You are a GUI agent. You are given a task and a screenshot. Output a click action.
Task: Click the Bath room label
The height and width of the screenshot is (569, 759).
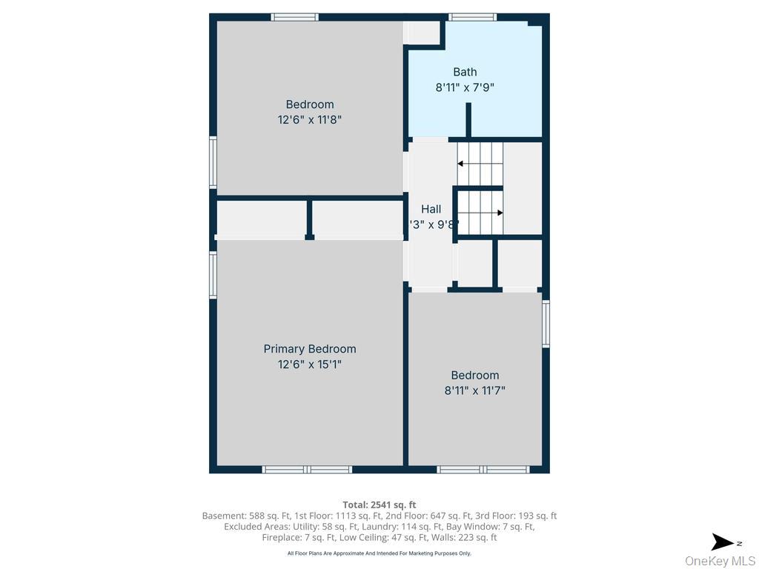click(x=465, y=72)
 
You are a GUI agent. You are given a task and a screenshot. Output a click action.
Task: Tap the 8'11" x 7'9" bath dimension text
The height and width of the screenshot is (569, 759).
click(x=465, y=87)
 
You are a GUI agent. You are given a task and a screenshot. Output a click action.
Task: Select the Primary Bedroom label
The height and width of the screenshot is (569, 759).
click(x=310, y=349)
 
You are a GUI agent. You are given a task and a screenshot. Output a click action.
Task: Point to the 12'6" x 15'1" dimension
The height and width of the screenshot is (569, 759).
click(x=310, y=365)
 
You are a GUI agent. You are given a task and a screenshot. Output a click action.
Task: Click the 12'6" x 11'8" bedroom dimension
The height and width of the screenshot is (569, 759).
click(x=310, y=119)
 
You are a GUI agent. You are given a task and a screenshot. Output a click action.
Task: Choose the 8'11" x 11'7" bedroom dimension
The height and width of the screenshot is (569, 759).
click(x=474, y=390)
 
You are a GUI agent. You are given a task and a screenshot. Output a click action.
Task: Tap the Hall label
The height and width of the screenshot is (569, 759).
click(x=431, y=210)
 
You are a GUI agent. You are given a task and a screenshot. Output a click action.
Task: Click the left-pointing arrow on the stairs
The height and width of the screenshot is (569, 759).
click(x=461, y=164)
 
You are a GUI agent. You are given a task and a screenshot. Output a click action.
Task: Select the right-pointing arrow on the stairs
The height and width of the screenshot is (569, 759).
click(x=500, y=213)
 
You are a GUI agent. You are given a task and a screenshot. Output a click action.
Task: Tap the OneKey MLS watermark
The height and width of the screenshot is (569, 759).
click(x=720, y=561)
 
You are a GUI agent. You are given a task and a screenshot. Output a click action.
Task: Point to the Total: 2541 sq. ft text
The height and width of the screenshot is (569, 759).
click(x=379, y=505)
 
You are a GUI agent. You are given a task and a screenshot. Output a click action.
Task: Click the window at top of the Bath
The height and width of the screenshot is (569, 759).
click(x=472, y=16)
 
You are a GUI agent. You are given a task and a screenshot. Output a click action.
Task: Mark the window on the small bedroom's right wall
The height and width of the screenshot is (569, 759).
click(x=546, y=324)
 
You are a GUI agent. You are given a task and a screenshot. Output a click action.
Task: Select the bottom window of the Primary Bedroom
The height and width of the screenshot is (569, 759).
click(x=307, y=470)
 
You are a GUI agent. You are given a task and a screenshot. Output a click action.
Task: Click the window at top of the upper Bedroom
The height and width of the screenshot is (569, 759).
click(x=294, y=16)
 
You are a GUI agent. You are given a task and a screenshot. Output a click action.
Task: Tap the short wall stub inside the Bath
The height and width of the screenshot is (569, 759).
click(x=468, y=120)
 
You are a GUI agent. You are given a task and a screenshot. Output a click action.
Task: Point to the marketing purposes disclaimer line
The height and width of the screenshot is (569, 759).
click(x=379, y=553)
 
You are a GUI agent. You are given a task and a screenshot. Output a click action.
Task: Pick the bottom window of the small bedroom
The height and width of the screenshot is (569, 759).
click(x=483, y=470)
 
